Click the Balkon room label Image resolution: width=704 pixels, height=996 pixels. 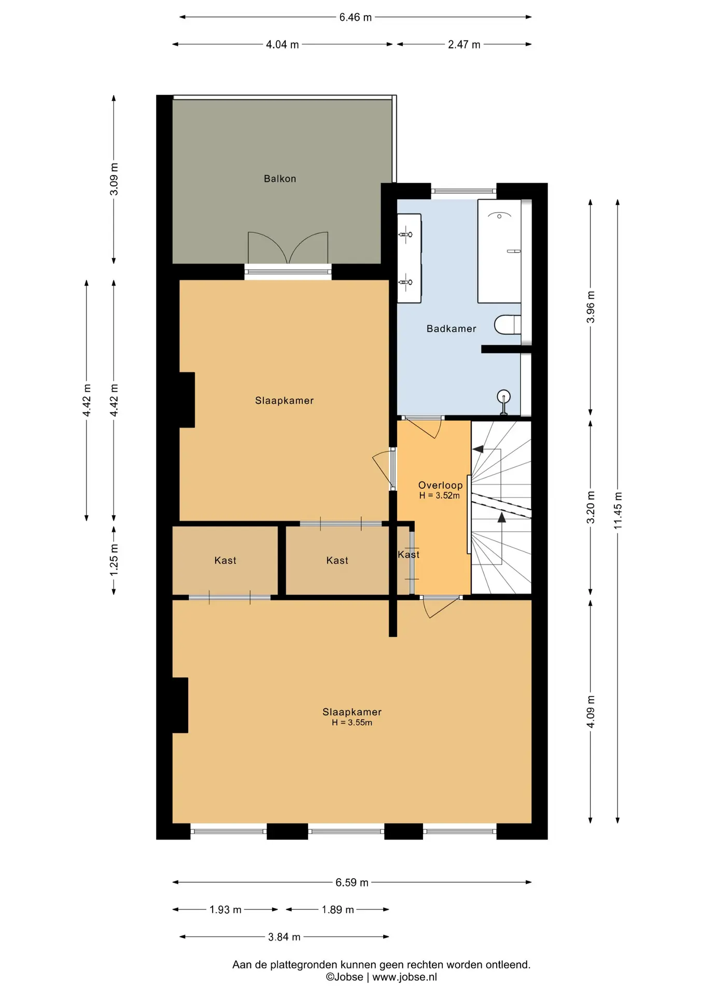[x=280, y=179]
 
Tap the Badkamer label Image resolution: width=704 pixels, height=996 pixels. [x=451, y=328]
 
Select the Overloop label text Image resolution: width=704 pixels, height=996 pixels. [x=440, y=485]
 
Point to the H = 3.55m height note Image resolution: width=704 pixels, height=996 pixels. [x=352, y=723]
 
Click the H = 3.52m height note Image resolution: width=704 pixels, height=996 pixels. [x=440, y=495]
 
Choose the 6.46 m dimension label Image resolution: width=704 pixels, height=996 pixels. [x=356, y=17]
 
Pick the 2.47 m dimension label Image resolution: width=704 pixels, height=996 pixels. [x=464, y=45]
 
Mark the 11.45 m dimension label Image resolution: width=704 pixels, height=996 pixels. [x=618, y=510]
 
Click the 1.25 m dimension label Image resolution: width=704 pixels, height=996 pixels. [x=114, y=560]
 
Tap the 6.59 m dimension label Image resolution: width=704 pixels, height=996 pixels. [x=352, y=882]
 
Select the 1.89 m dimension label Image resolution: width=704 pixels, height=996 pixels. [x=337, y=909]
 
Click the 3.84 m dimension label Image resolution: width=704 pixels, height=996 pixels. [x=284, y=937]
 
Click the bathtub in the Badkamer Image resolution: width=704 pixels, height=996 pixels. [x=499, y=251]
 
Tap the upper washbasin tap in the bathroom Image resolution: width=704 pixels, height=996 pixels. [x=406, y=234]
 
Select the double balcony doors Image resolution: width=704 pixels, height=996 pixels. [x=288, y=248]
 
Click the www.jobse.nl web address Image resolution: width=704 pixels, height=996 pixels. [x=404, y=977]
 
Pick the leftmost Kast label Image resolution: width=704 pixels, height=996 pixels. [x=225, y=560]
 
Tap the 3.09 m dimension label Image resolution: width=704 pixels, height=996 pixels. [x=114, y=179]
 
